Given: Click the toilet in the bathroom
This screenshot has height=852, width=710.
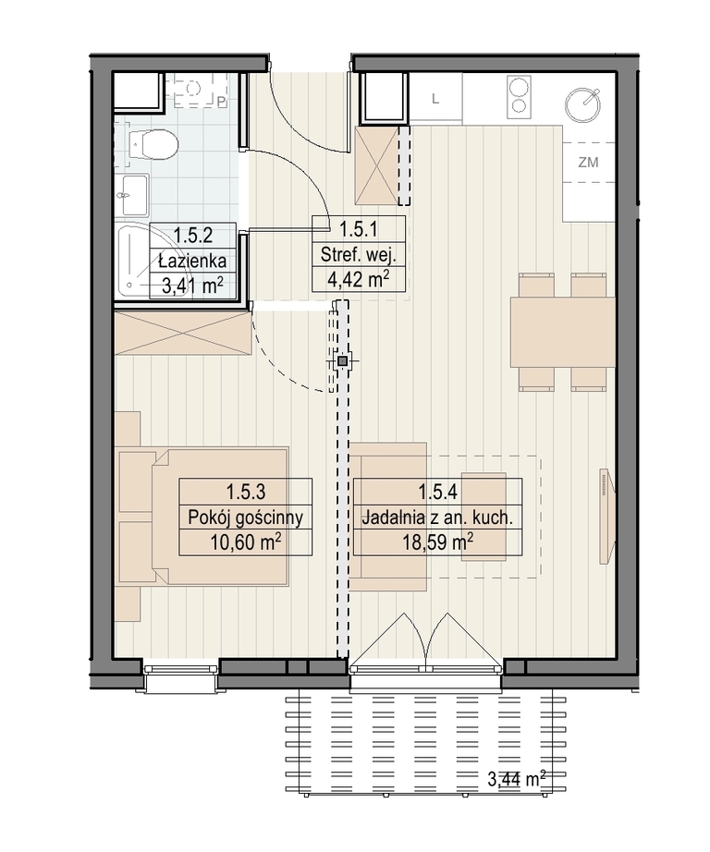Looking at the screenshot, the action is (x=154, y=144).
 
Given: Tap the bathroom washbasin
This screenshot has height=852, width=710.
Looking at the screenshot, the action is (x=135, y=195).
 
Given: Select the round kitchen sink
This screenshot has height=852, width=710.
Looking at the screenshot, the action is (x=582, y=104).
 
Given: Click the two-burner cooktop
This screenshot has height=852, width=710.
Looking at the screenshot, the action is (x=519, y=97).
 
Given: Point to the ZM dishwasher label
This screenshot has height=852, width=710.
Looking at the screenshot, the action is (x=588, y=162).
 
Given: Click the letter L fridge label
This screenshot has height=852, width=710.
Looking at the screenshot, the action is (x=435, y=99).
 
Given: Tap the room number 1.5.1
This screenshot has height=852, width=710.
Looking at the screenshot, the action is (x=359, y=229).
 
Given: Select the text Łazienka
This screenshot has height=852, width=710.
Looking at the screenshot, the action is (x=192, y=261).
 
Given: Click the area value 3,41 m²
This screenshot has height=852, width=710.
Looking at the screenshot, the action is (x=192, y=285).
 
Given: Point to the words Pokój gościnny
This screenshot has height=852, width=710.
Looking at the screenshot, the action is (x=245, y=517).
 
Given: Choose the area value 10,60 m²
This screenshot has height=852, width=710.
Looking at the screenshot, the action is (x=246, y=542).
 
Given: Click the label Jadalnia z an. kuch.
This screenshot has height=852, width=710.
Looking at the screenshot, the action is (x=437, y=517).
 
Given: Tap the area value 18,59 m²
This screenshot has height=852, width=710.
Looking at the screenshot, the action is (x=437, y=542).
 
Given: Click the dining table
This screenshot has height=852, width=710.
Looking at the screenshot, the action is (x=562, y=332).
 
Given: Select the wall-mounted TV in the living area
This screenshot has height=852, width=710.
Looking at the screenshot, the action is (x=606, y=516).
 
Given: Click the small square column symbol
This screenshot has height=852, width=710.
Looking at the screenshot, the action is (x=342, y=360).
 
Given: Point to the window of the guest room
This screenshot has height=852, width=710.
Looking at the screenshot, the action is (x=181, y=676).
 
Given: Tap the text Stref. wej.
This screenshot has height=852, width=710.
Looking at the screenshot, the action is (x=359, y=254).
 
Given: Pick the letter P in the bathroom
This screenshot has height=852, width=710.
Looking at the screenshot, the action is (x=221, y=102).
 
